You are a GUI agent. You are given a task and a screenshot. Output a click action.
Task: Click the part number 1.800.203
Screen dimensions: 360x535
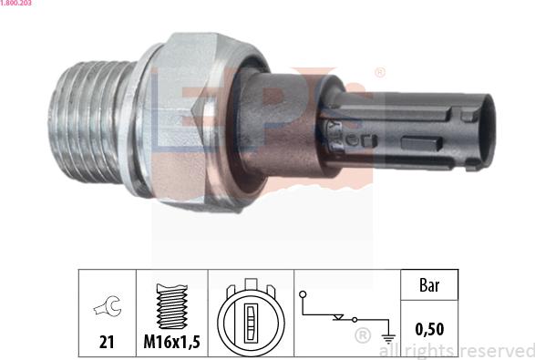pyautogui.click(x=18, y=5)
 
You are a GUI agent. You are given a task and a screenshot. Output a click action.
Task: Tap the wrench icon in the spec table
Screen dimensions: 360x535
pyautogui.click(x=108, y=309)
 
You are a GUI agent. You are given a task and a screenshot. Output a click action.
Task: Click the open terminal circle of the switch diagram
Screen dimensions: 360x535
pyautogui.click(x=303, y=294)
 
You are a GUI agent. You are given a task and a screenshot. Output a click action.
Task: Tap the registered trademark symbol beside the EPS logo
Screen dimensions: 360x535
pyautogui.click(x=379, y=72)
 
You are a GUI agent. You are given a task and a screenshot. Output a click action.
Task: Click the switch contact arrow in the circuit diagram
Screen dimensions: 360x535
pyautogui.click(x=341, y=318)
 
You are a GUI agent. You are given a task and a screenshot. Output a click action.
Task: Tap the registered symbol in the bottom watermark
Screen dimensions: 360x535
pyautogui.click(x=362, y=337)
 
